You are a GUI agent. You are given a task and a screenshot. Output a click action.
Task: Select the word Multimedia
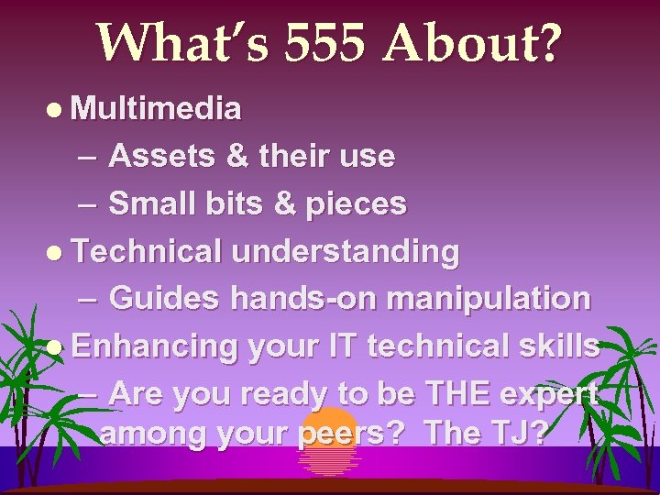[x=156, y=110]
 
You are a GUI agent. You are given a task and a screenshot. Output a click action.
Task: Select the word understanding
[x=346, y=250]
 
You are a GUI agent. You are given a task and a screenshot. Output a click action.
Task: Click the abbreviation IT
[x=336, y=346]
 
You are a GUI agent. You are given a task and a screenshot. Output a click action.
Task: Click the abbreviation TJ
[x=519, y=432]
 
